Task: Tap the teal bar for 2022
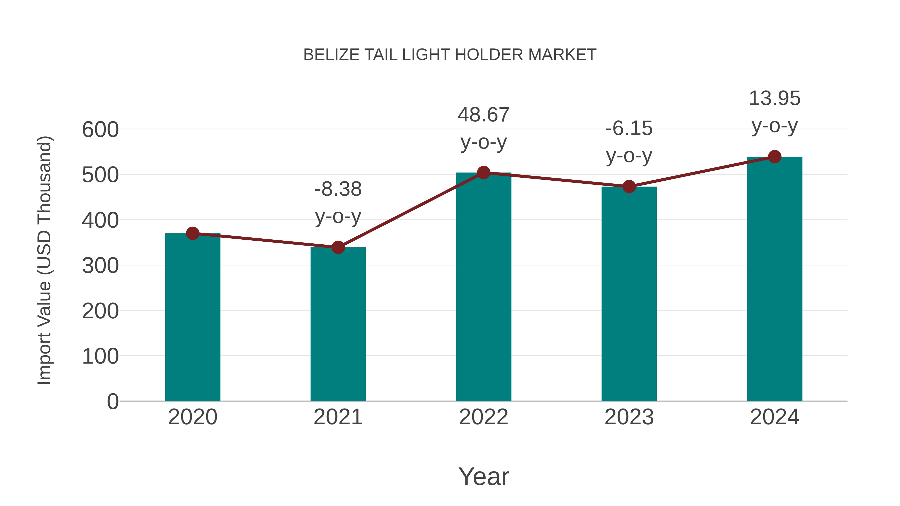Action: (483, 287)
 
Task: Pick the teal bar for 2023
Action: (629, 294)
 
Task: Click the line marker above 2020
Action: (192, 233)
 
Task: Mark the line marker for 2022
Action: (483, 172)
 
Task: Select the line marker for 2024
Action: (774, 157)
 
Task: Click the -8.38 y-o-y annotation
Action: (338, 203)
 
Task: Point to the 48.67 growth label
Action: (483, 128)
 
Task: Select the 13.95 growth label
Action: (774, 112)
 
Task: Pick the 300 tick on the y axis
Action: (100, 266)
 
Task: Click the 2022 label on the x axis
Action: (483, 417)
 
